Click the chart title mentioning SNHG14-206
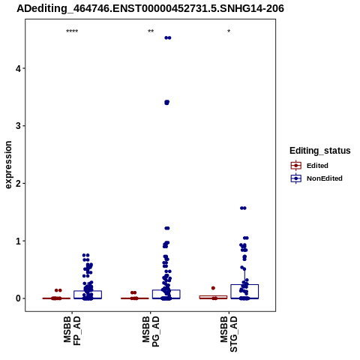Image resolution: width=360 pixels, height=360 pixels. click(x=150, y=9)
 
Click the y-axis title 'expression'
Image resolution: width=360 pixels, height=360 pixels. click(x=8, y=165)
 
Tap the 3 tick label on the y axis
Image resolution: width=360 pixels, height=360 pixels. click(x=18, y=126)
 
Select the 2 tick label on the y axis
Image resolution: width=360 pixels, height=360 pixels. click(x=18, y=183)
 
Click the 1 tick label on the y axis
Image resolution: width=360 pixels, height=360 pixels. click(x=18, y=241)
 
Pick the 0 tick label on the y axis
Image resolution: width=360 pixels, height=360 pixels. click(x=18, y=298)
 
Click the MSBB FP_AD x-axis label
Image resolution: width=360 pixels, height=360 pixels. click(x=72, y=331)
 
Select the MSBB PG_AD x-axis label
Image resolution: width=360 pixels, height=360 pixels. click(x=151, y=331)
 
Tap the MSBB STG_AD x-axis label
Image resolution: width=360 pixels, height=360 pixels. click(x=229, y=334)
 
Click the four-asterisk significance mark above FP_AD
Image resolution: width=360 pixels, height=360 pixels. click(x=72, y=31)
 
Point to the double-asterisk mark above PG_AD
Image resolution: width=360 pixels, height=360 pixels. click(x=151, y=31)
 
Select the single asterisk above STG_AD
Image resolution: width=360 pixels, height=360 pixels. click(x=229, y=31)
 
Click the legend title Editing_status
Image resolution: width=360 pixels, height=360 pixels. click(x=320, y=151)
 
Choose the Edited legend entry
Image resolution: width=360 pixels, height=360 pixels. click(x=310, y=166)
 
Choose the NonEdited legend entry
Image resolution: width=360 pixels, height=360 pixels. click(x=316, y=178)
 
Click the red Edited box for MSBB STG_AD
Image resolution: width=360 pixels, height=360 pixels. click(x=213, y=296)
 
